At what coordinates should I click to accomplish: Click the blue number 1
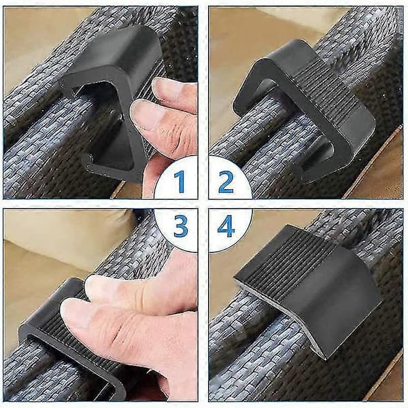pos(180,182)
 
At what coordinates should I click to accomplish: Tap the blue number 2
pos(226,182)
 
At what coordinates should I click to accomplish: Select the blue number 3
pos(181,226)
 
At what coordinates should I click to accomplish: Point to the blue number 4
pos(226,226)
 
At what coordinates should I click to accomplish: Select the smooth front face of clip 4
pos(338,309)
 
